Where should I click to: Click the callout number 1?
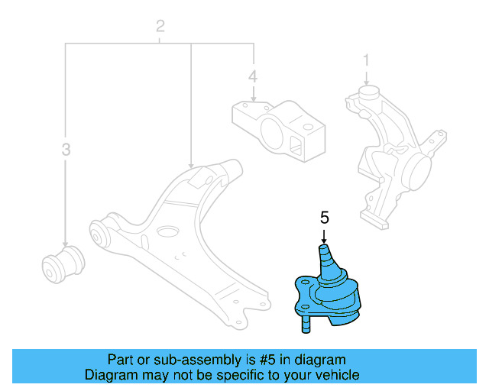pos(366,60)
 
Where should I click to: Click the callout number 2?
pos(160,27)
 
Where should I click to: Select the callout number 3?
pos(66,150)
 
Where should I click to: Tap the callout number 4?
pos(253,76)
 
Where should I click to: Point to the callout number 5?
pos(324,218)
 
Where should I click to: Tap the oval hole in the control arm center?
pos(167,230)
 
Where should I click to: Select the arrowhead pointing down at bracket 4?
pos(253,99)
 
